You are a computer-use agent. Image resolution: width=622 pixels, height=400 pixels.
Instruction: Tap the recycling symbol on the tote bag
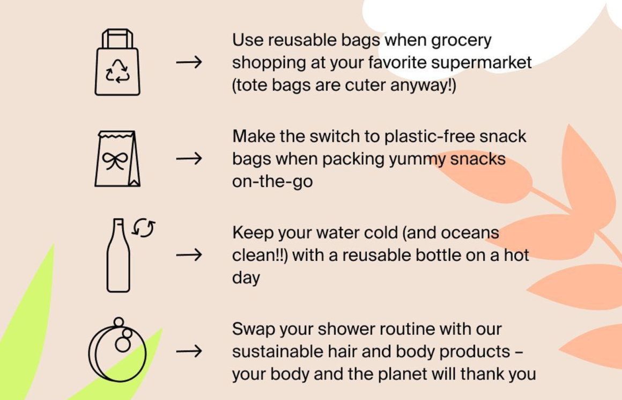tap(117, 71)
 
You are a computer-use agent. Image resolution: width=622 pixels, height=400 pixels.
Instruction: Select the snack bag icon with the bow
tap(117, 158)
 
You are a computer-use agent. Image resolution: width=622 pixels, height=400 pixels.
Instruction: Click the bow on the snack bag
tap(115, 161)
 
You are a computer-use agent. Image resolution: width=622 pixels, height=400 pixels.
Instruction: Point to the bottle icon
tap(118, 255)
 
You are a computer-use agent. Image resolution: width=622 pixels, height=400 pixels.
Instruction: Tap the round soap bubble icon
tap(117, 350)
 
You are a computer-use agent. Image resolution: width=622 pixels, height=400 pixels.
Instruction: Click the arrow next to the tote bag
tap(189, 62)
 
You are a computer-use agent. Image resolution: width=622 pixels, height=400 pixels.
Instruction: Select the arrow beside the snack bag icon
tap(189, 159)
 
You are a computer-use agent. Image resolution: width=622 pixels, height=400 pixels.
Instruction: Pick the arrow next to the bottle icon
tap(189, 254)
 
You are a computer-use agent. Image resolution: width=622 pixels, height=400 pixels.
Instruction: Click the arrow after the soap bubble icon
tap(189, 351)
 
